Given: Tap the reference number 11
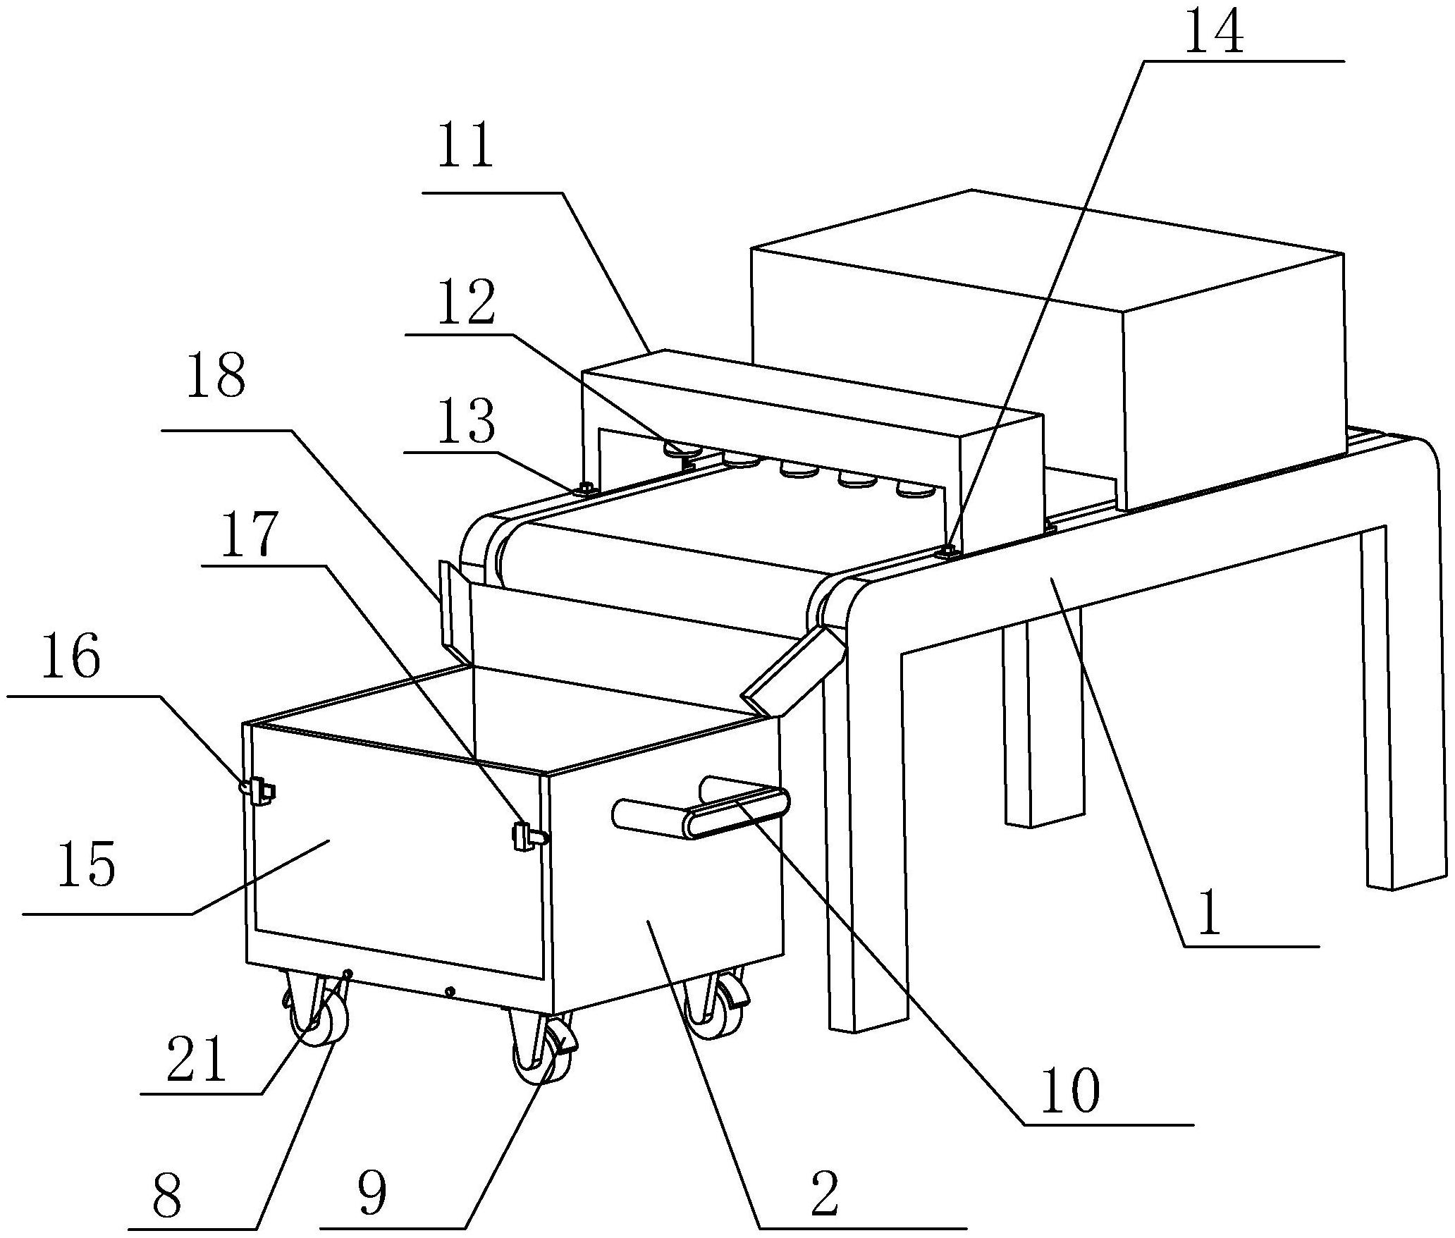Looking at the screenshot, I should [x=465, y=146].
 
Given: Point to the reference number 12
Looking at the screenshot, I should [x=466, y=303].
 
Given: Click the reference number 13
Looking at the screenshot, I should [x=465, y=423].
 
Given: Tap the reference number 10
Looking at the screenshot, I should [x=1069, y=1091].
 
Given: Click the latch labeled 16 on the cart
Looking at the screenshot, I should [x=258, y=790].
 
